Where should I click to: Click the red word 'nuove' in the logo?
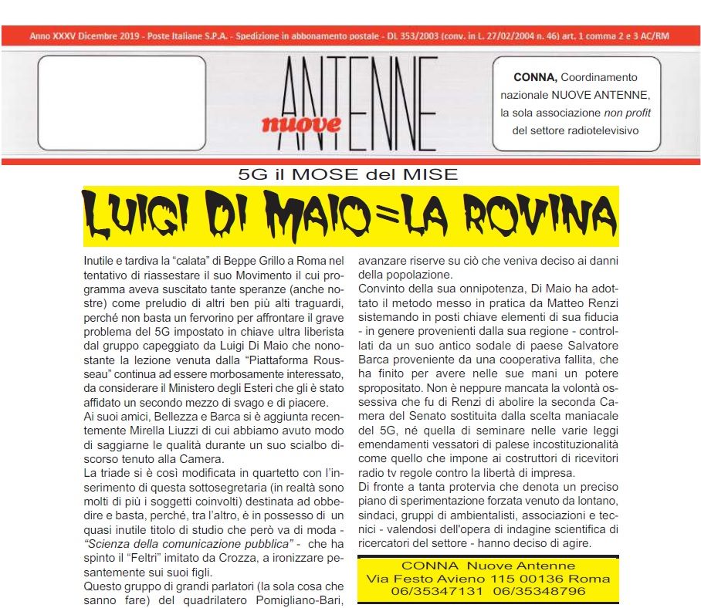tap(300, 123)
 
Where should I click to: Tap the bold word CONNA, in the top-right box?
tap(534, 77)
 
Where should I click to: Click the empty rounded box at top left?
tap(121, 103)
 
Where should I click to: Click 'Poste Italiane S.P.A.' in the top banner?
tap(188, 36)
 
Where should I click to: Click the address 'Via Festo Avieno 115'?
tap(437, 578)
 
